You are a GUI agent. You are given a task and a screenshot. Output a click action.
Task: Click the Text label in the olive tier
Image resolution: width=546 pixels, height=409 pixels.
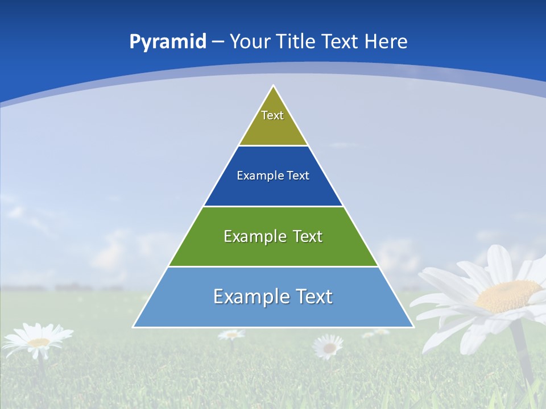272,115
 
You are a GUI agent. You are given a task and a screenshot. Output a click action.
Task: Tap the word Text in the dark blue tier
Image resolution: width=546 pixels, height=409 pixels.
298,176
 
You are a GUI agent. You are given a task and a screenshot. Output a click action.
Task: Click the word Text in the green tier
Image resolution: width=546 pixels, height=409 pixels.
308,236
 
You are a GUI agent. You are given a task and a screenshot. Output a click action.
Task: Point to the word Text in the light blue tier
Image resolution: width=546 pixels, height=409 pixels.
313,297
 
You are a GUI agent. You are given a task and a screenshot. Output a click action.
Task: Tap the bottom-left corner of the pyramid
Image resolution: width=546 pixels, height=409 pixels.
134,327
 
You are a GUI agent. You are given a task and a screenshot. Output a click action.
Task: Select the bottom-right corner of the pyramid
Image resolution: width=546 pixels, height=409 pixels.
413,327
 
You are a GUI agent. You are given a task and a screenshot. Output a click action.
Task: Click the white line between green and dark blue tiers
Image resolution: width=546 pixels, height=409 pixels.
274,206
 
